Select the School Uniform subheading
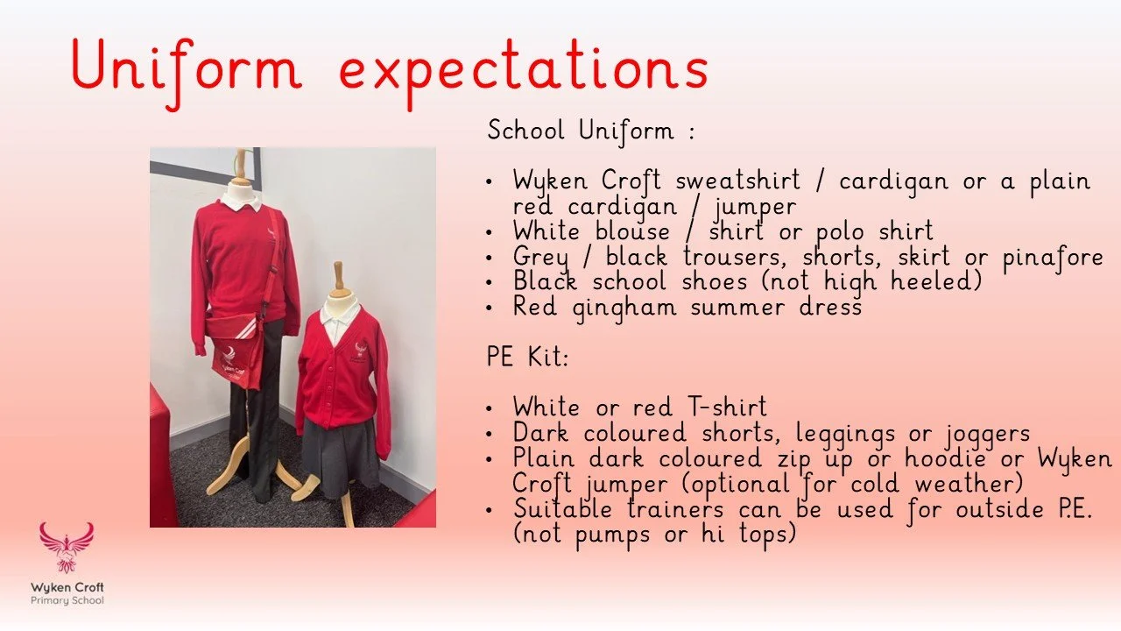pos(591,131)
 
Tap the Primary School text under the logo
pos(67,601)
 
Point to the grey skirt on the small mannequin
pos(338,455)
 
